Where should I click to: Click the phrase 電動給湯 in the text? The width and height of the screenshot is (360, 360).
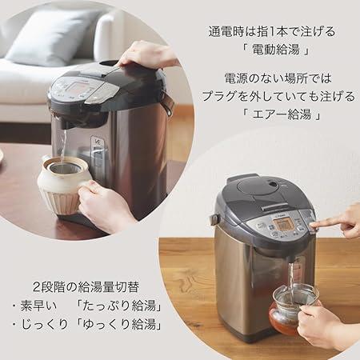(276, 50)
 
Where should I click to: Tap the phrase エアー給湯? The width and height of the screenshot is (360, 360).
(282, 114)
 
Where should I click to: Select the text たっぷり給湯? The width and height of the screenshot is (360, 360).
(119, 306)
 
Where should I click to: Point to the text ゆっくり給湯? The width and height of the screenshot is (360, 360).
(119, 325)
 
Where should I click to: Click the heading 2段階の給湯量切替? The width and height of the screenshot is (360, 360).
(86, 287)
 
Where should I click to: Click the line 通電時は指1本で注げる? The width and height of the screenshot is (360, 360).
(272, 31)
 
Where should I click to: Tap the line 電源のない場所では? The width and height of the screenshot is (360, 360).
(278, 78)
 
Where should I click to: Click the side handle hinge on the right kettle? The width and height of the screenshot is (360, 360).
(214, 219)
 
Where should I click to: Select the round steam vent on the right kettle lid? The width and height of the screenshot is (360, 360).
(272, 184)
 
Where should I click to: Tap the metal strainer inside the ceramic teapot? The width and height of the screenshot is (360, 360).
(65, 167)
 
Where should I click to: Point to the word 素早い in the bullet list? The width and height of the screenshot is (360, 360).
(39, 306)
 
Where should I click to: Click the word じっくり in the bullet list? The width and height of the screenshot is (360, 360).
(44, 325)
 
